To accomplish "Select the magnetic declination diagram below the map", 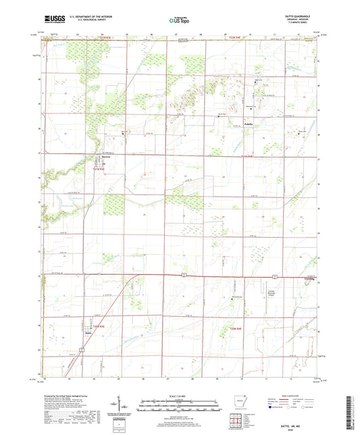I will click(125, 406).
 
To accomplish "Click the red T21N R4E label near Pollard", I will click(249, 157).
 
